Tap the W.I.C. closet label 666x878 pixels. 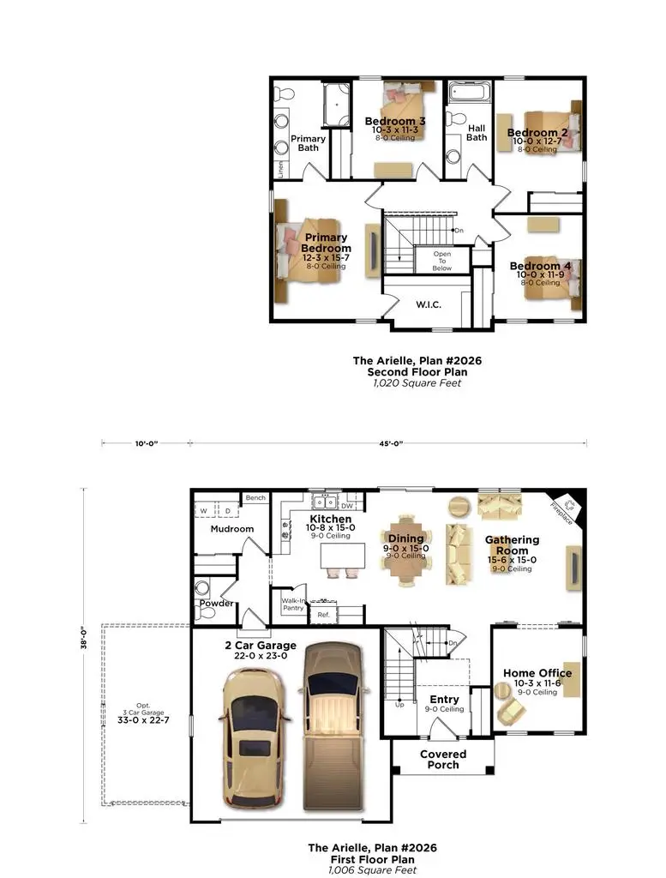pos(428,304)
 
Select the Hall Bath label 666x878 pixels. pos(477,133)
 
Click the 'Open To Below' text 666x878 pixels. pos(441,261)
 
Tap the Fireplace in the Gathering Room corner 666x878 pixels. pos(568,505)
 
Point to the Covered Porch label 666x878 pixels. pos(443,760)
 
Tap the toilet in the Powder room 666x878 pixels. pos(203,588)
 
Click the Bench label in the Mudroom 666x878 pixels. pos(255,498)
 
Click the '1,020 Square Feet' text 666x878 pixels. pos(417,383)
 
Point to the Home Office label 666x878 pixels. pos(537,673)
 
